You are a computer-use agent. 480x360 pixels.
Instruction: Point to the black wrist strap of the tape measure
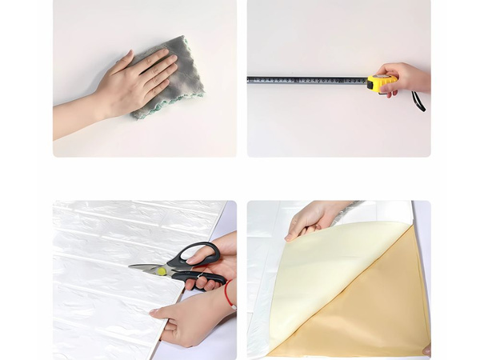tap(418, 102)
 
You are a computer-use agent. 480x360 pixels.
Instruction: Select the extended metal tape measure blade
tap(304, 80)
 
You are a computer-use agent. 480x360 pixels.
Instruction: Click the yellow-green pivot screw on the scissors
tap(162, 271)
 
